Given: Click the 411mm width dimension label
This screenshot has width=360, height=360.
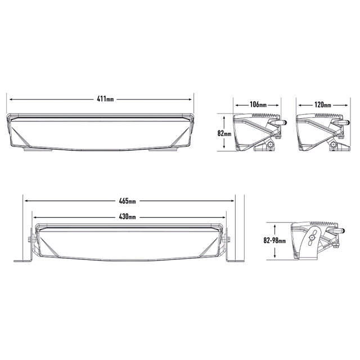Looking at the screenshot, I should point(105,99).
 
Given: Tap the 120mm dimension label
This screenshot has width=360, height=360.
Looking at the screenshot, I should point(322,105).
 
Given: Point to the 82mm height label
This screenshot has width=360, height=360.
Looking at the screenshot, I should point(224,134).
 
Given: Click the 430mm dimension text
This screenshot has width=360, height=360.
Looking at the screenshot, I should point(128,217).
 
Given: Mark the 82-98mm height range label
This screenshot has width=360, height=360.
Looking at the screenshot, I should point(274,241).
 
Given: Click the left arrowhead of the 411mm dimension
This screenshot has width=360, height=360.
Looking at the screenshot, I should point(10,99).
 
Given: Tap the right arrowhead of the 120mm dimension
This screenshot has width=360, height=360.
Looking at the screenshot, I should point(346,105).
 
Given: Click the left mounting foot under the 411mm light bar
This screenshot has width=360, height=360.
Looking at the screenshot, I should point(31,149).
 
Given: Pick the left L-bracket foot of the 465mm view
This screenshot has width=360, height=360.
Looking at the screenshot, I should point(24,261).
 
